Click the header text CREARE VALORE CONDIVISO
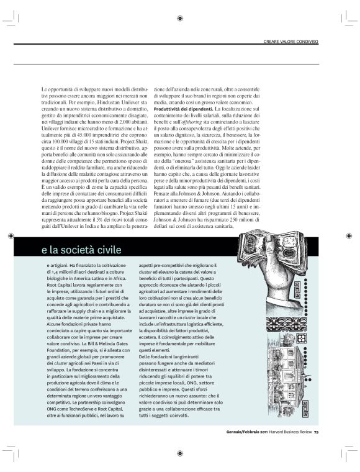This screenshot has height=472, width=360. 291,42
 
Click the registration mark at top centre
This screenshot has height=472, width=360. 179,19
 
